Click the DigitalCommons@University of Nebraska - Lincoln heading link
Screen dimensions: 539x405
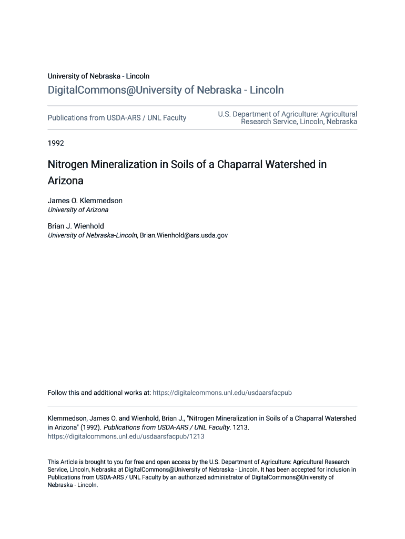click(x=166, y=90)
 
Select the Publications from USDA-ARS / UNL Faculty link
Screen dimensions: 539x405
click(x=117, y=118)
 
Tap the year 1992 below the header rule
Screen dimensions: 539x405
click(x=56, y=143)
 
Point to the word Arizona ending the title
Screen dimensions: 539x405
click(x=66, y=181)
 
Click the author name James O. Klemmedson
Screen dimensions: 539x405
click(x=85, y=201)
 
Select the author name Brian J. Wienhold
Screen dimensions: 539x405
click(x=76, y=226)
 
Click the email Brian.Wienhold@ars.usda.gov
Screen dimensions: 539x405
click(x=184, y=235)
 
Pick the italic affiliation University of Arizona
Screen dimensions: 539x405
click(x=78, y=209)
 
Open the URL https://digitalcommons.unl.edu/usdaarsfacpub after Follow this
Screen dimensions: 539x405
click(x=222, y=393)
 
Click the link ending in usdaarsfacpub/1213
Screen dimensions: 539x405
click(x=126, y=436)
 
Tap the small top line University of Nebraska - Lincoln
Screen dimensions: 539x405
click(x=98, y=76)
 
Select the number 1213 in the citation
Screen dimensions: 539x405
click(x=240, y=427)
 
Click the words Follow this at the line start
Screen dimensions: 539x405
click(x=63, y=393)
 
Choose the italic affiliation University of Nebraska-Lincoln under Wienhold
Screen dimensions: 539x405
click(x=93, y=235)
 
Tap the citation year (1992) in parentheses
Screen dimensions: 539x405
click(x=91, y=427)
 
